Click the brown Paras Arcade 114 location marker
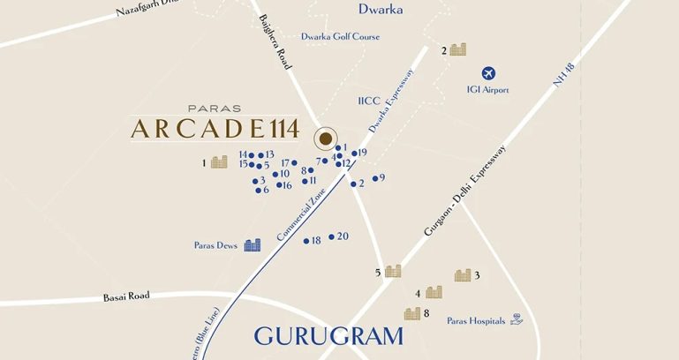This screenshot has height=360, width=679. coord(326,139)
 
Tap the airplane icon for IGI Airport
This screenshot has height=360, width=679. coord(488,73)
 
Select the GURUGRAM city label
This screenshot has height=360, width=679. coord(328,336)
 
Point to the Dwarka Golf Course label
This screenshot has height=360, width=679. coord(340,36)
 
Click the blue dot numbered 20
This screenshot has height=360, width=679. coord(332,236)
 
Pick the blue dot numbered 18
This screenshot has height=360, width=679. coord(306,241)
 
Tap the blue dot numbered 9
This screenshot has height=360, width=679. coord(375,178)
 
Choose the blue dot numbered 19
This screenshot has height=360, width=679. coord(354,153)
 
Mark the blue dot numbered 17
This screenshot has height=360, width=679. coord(295,163)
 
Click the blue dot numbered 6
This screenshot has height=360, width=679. coord(257,190)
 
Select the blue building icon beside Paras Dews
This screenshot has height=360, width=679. coord(252,244)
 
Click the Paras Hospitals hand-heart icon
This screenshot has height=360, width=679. coord(517,320)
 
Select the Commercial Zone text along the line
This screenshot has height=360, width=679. coord(301,215)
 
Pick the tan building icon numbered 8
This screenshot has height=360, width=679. coord(412,313)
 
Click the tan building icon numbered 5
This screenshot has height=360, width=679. coord(393,271)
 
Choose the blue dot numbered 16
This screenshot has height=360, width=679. coord(278,185)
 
